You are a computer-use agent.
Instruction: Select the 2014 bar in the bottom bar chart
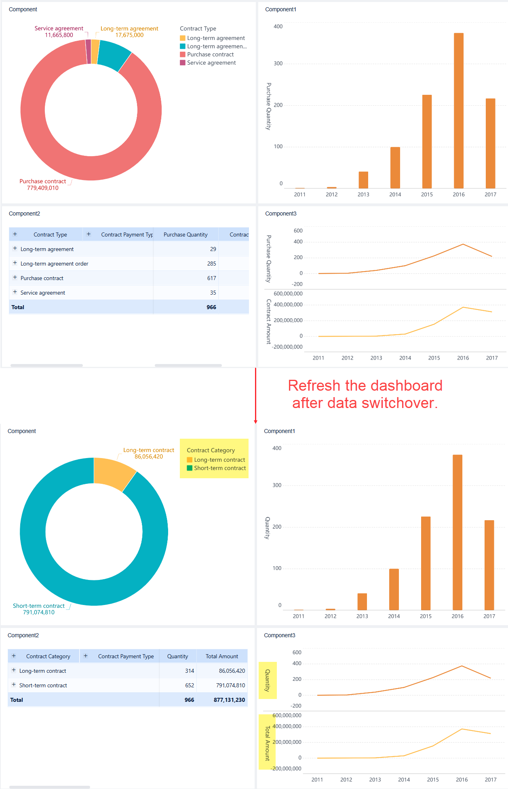click(394, 589)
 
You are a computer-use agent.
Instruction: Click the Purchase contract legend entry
click(210, 54)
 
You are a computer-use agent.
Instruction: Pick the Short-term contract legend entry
click(219, 468)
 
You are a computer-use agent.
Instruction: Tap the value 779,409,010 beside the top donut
click(43, 188)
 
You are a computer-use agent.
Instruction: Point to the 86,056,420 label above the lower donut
click(149, 457)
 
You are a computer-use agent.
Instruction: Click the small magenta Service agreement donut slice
click(88, 52)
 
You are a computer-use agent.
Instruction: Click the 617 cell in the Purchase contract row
click(212, 278)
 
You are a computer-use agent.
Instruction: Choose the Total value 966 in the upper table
click(211, 307)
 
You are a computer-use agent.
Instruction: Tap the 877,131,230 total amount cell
click(229, 700)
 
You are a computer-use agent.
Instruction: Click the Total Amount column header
click(222, 656)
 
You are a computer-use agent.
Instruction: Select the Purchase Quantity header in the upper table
click(185, 234)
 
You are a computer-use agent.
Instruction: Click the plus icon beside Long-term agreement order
click(15, 263)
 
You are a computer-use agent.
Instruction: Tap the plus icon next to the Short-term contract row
click(14, 685)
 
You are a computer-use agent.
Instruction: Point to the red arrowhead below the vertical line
click(255, 422)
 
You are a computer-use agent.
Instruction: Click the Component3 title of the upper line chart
click(280, 213)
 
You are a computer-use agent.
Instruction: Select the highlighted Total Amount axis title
click(267, 743)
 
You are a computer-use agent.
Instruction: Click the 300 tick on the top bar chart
click(278, 64)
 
